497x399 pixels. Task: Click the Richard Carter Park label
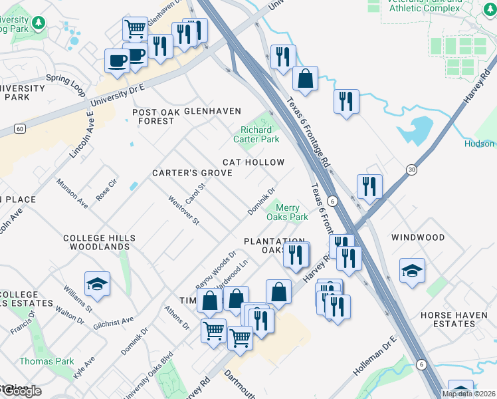(x=256, y=135)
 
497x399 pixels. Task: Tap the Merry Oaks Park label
(x=287, y=212)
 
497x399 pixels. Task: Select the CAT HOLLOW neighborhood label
(x=253, y=162)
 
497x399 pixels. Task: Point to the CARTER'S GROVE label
(x=192, y=173)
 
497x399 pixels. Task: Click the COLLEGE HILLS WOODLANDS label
(x=99, y=242)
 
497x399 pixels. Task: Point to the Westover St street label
(x=183, y=209)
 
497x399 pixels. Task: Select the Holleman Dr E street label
(x=375, y=356)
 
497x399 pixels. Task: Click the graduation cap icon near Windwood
(x=412, y=270)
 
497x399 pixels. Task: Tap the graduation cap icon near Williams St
(x=98, y=283)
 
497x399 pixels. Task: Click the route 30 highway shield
(x=412, y=170)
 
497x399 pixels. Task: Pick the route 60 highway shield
(x=20, y=128)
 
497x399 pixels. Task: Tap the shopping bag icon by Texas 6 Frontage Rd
(x=305, y=78)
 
